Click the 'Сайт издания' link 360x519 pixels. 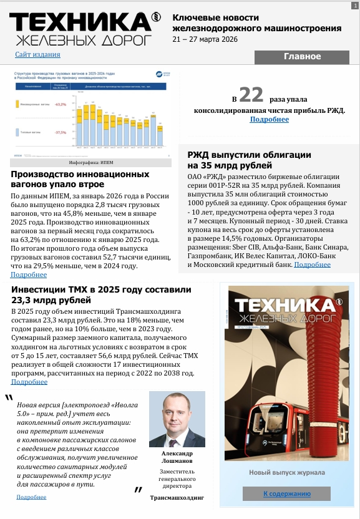(x=37, y=54)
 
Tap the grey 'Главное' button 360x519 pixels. (x=302, y=57)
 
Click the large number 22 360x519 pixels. (x=251, y=95)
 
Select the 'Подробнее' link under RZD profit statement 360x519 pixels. (x=270, y=119)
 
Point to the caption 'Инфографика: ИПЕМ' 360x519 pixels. (x=90, y=162)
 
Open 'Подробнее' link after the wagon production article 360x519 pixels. (x=29, y=274)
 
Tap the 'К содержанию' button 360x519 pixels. (x=286, y=493)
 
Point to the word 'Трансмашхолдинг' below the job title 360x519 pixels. (x=177, y=498)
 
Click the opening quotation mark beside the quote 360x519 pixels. (x=9, y=399)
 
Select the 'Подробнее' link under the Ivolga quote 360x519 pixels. (x=31, y=497)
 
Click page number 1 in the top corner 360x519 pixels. (x=354, y=5)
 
